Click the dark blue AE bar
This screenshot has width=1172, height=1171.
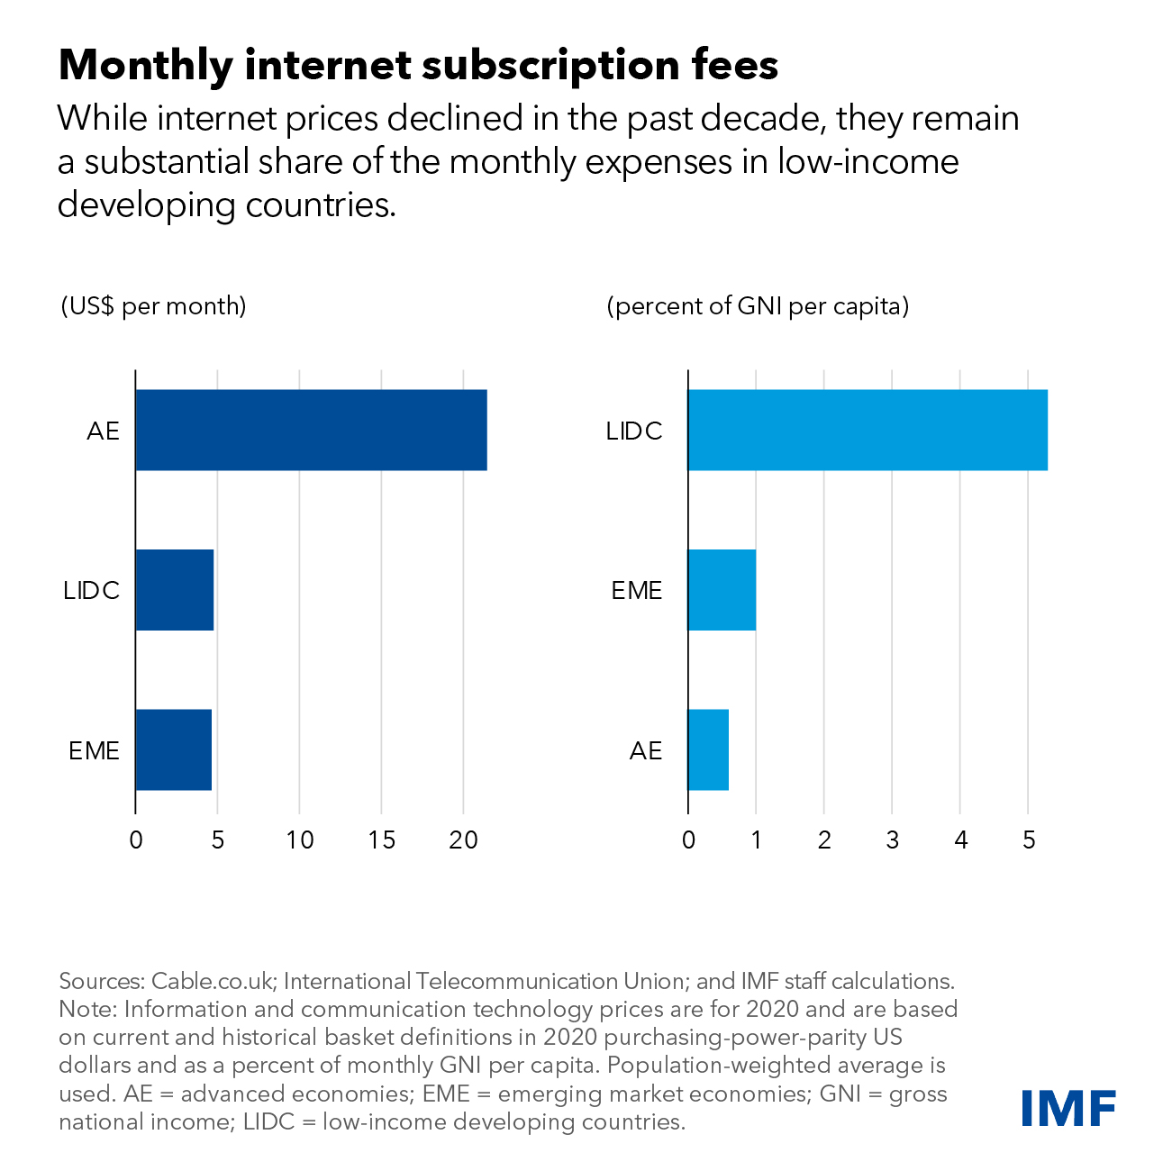tap(311, 430)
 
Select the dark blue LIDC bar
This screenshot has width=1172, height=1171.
tap(175, 590)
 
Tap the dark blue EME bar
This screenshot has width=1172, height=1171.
tap(174, 749)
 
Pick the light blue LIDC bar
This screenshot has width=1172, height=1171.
tap(868, 430)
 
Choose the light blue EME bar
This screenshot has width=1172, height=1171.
tap(722, 590)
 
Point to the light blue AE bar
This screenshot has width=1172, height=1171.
tap(708, 749)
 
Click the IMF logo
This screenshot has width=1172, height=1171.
tap(1068, 1108)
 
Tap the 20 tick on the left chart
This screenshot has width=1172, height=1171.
tap(463, 840)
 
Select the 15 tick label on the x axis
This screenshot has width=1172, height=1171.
tap(381, 840)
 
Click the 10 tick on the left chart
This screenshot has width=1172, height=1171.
tap(300, 840)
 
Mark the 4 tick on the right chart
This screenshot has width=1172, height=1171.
tap(960, 840)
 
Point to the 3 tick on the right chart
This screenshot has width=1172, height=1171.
tap(892, 840)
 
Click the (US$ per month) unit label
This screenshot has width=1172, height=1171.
tap(153, 306)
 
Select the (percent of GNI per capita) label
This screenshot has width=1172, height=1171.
tap(759, 306)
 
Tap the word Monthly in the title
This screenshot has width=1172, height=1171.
tap(145, 66)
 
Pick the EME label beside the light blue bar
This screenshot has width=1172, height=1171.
tap(637, 591)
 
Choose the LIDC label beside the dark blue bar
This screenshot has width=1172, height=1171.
tap(91, 591)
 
